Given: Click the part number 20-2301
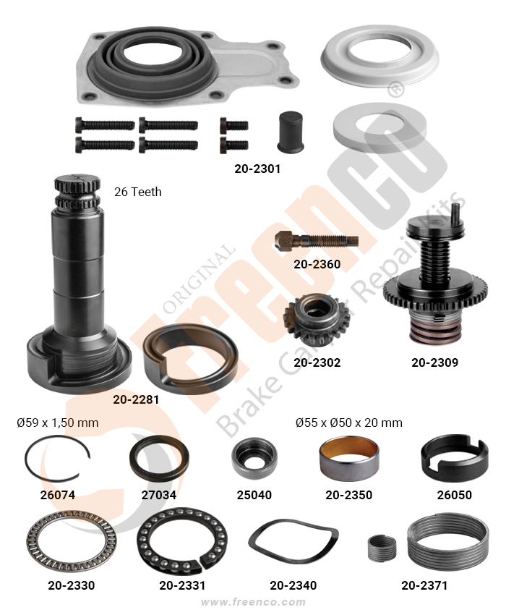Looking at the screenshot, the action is [257, 169].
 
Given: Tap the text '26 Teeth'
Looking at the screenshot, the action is [137, 192].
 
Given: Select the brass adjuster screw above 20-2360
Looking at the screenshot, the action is [317, 239].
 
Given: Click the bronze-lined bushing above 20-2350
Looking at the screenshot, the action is [349, 459].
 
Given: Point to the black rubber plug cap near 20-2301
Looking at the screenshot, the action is [291, 132].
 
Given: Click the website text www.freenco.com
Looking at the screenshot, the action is [253, 602].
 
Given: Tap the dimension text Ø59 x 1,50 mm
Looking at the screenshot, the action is [58, 423].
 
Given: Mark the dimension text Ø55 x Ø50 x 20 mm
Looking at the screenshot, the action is [349, 423].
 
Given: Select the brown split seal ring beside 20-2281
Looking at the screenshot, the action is [153, 345].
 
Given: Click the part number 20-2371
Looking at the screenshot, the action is [424, 585].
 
